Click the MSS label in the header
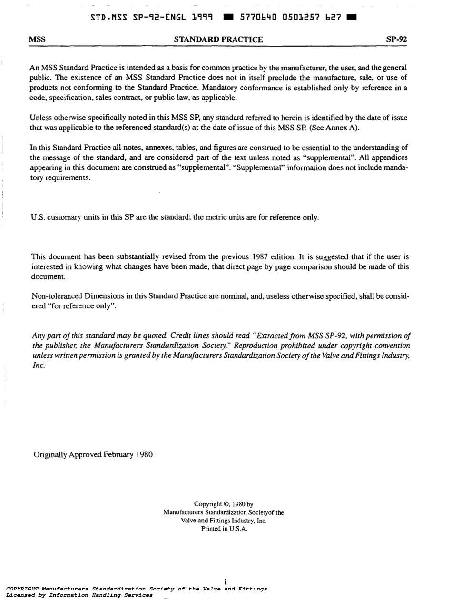[37, 39]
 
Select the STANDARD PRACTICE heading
[218, 39]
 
